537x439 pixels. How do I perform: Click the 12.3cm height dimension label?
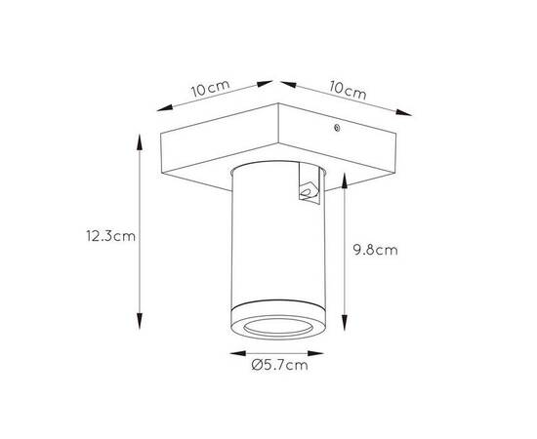coord(110,236)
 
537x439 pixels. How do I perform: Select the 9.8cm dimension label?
coord(376,250)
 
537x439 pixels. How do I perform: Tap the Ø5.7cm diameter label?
coord(279,365)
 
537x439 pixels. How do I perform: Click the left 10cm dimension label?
coord(210,88)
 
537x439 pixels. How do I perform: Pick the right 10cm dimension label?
coord(348,90)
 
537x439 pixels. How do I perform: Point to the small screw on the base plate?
coord(337,128)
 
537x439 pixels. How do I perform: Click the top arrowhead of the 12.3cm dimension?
coord(139,142)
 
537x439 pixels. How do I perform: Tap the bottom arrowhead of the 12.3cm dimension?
coord(140,321)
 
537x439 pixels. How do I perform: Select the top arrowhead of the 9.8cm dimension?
coord(345,181)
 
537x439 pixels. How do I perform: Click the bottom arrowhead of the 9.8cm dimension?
coord(345,323)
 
